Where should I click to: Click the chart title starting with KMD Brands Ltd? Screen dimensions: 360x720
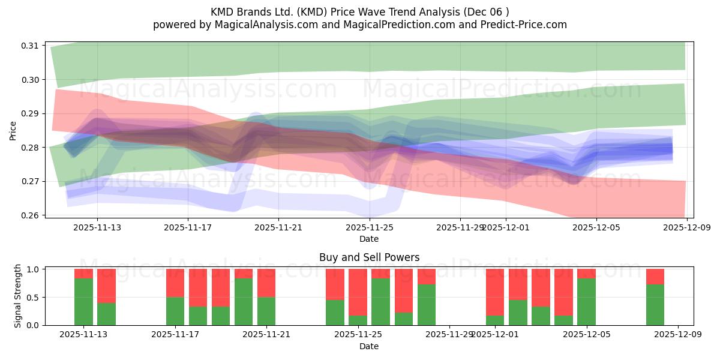(x=359, y=11)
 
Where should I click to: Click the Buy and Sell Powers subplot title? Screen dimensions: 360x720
(x=369, y=257)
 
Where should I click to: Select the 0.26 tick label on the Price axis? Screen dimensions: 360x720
(x=30, y=215)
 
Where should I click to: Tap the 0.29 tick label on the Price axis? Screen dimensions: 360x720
(x=30, y=113)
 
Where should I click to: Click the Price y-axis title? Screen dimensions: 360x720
(x=13, y=130)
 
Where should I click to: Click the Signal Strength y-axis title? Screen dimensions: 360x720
(x=18, y=296)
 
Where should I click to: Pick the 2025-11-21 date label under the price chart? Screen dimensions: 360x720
(x=278, y=227)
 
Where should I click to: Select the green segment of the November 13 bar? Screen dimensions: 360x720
(x=83, y=302)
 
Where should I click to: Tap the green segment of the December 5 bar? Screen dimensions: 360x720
(x=586, y=302)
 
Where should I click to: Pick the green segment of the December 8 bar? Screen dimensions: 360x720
(x=655, y=305)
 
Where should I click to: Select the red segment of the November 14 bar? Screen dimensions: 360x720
(x=106, y=286)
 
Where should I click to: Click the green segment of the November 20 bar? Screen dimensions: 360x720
(x=244, y=302)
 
